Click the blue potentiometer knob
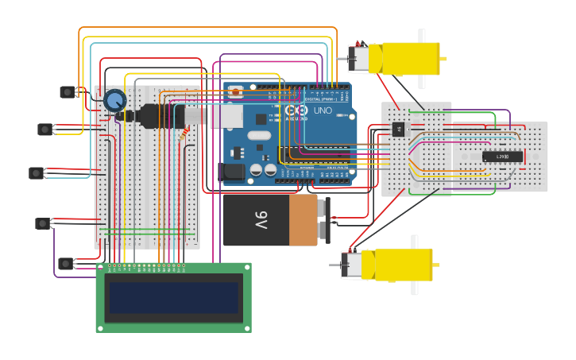(x=115, y=100)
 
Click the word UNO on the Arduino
(x=323, y=110)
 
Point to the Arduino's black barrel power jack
(x=231, y=171)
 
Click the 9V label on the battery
(x=261, y=219)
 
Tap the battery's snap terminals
(x=323, y=220)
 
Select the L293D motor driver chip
(x=503, y=157)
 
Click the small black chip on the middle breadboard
(x=398, y=130)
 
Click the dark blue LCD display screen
(x=174, y=297)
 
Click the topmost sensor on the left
(x=68, y=92)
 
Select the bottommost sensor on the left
(x=66, y=263)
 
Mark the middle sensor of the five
(x=36, y=172)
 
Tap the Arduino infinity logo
(x=296, y=110)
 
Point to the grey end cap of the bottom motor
(x=350, y=265)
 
